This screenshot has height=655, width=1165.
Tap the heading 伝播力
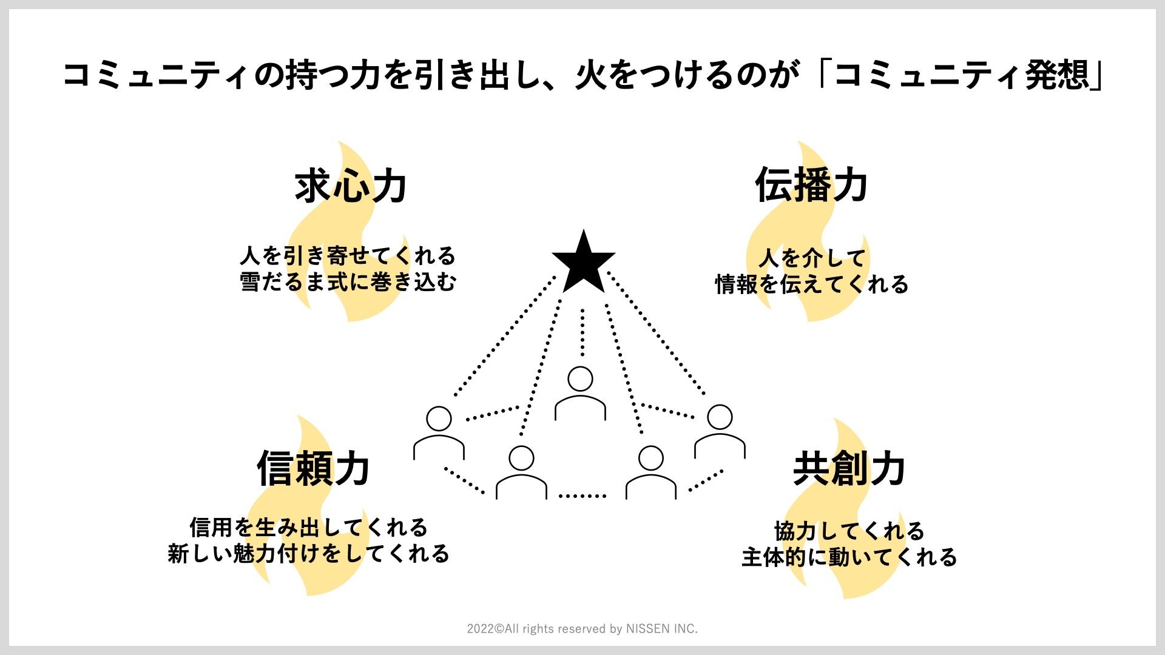click(x=811, y=184)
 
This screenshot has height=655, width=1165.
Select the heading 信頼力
click(x=313, y=469)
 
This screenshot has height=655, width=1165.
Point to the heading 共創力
click(x=849, y=469)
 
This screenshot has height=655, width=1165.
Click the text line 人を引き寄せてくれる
click(x=348, y=256)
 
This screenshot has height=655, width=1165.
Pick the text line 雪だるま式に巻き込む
click(x=348, y=282)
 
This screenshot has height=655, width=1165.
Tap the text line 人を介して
click(x=811, y=258)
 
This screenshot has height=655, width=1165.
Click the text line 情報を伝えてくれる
click(x=811, y=284)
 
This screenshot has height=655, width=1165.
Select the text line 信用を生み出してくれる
click(x=309, y=527)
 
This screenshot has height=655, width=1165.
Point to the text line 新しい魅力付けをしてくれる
click(x=309, y=553)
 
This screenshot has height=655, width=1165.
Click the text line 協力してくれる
click(x=849, y=531)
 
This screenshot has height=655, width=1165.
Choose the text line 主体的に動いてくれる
click(x=849, y=557)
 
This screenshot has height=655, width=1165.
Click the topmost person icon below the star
click(x=580, y=393)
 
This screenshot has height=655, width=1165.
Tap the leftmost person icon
click(x=439, y=432)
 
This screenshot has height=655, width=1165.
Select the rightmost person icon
click(x=720, y=431)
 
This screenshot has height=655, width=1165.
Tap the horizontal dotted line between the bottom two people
click(x=582, y=495)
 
